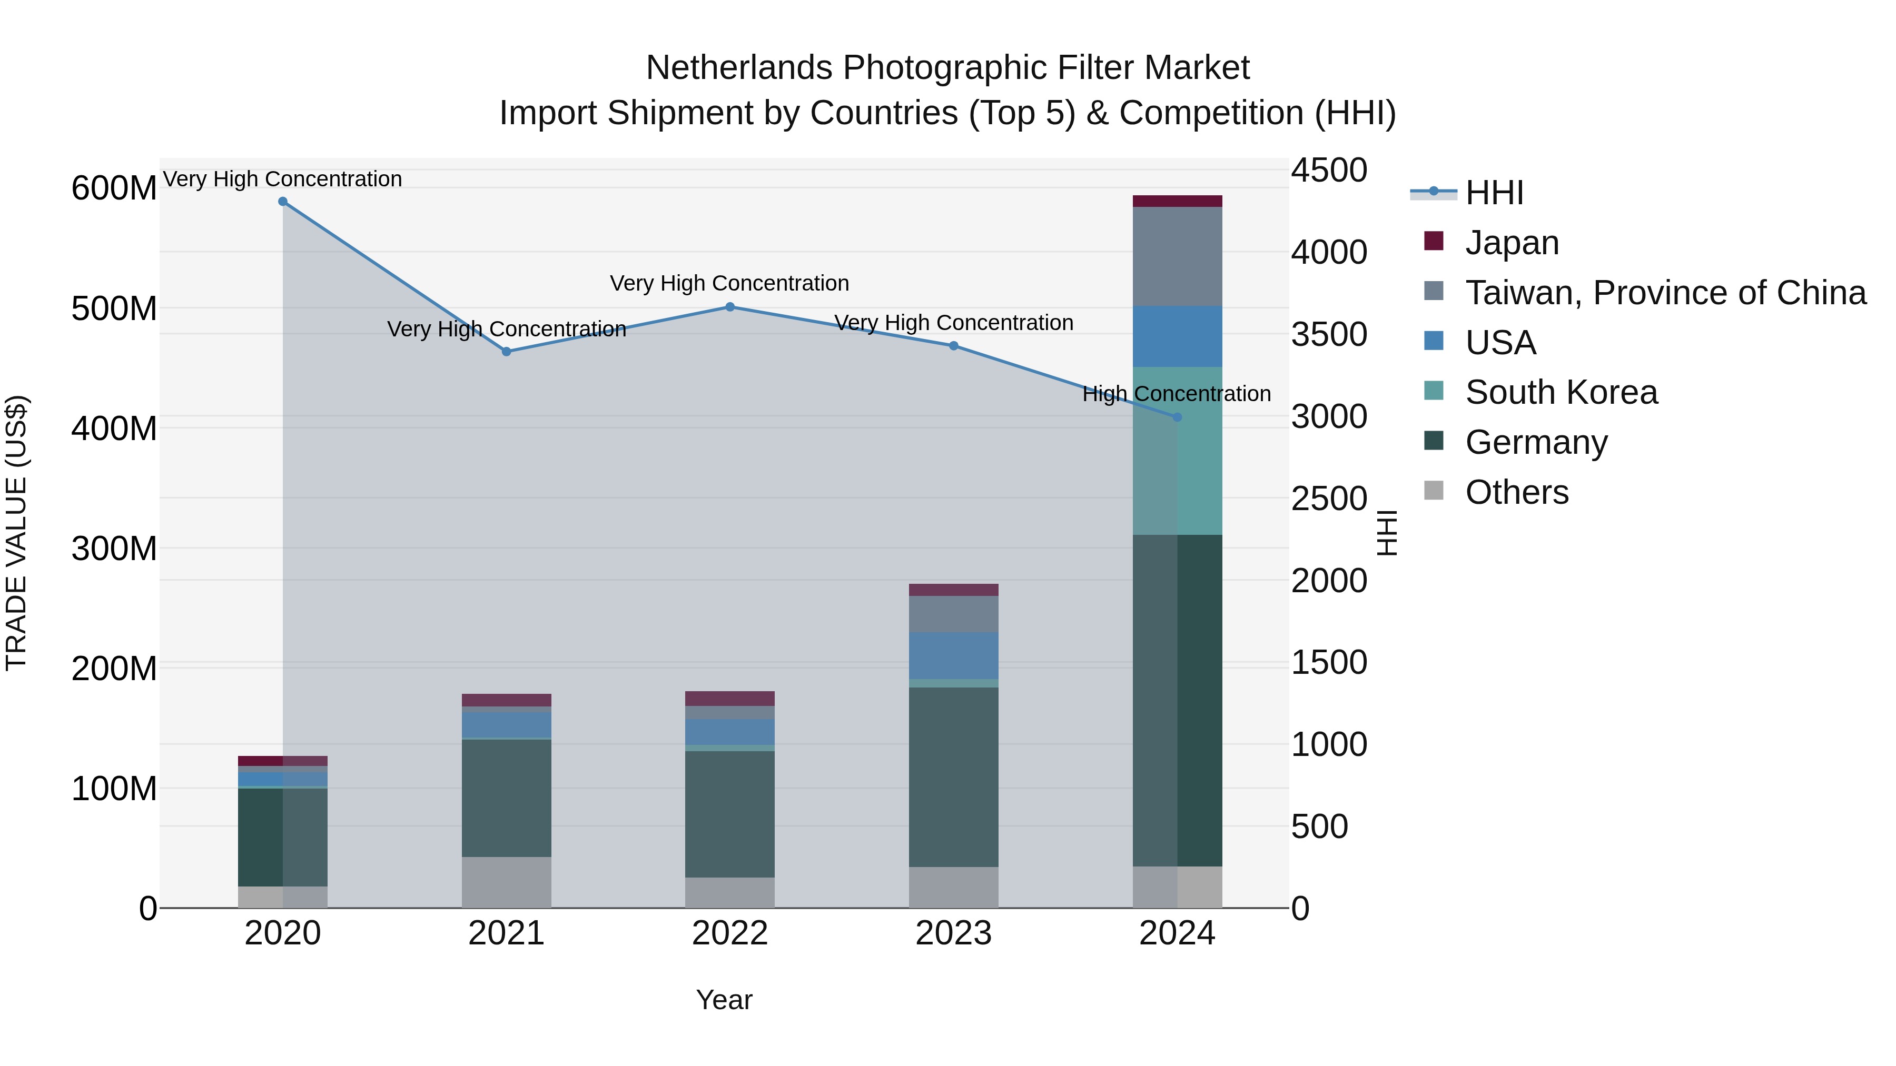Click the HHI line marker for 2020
click(x=283, y=202)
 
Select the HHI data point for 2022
click(x=730, y=307)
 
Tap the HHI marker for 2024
click(x=1177, y=417)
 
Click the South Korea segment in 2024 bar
click(x=1177, y=450)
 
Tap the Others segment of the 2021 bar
click(x=506, y=882)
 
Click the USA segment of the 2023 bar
click(x=953, y=655)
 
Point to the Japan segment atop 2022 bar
click(x=730, y=698)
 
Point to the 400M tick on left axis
click(x=114, y=428)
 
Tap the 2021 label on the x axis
click(x=506, y=933)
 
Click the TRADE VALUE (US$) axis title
click(x=16, y=533)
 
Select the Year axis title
click(x=724, y=1000)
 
